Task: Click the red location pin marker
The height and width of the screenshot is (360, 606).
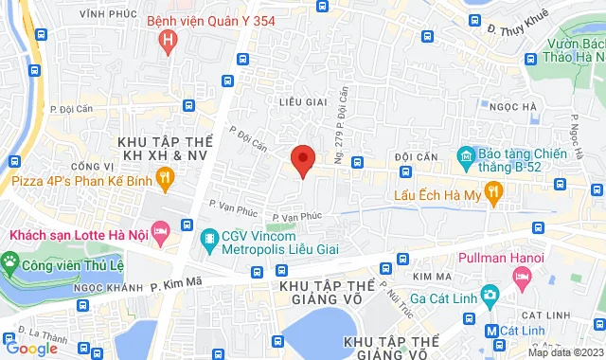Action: coord(302,160)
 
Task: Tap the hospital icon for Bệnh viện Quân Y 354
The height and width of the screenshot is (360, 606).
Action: coord(169,41)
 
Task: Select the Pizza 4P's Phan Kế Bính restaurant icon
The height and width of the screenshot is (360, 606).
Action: coord(165,175)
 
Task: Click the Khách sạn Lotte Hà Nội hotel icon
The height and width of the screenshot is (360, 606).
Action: coord(161,230)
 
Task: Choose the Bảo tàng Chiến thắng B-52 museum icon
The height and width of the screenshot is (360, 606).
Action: coord(465,154)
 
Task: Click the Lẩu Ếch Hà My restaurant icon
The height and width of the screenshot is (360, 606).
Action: coord(491,195)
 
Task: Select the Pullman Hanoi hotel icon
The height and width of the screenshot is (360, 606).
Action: coord(521,276)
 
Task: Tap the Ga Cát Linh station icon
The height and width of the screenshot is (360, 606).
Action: coord(489,295)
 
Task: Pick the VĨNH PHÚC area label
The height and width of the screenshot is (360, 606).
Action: coord(104,14)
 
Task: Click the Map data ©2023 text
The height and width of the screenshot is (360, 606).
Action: coord(564,352)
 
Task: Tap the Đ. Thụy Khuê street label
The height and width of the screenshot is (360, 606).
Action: coord(518,27)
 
